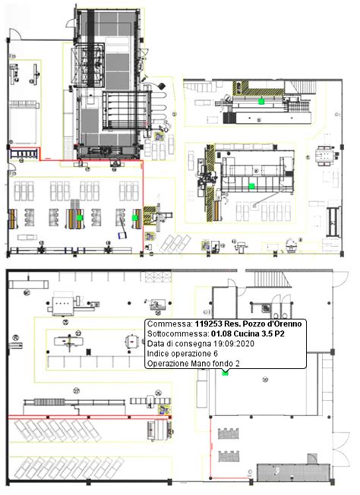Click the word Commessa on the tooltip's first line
click(168, 324)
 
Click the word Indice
click(158, 354)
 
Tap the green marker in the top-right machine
click(260, 100)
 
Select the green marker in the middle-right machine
click(251, 186)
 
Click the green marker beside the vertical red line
click(134, 218)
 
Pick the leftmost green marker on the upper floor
click(78, 218)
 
